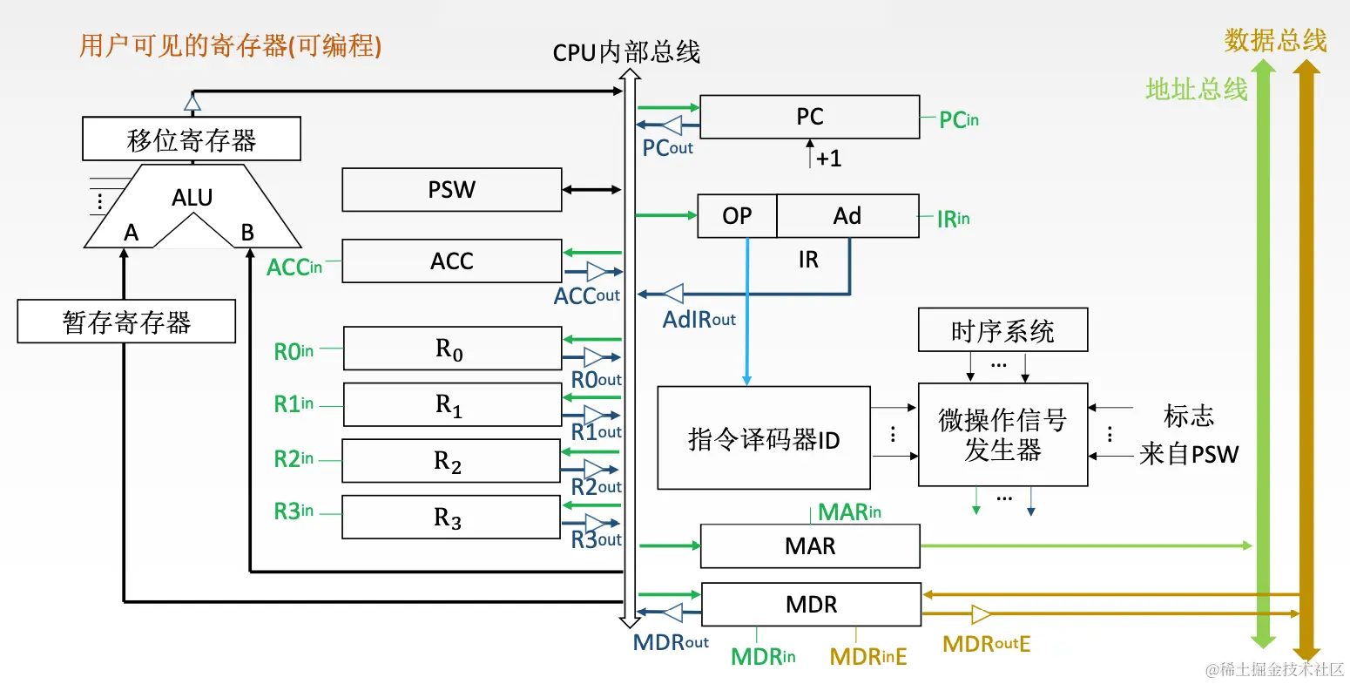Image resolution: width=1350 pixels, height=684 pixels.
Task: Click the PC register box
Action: pyautogui.click(x=809, y=117)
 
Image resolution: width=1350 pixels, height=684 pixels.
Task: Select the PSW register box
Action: pyautogui.click(x=451, y=190)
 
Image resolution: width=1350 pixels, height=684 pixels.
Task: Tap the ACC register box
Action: pyautogui.click(x=451, y=261)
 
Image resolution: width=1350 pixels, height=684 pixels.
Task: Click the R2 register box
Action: pyautogui.click(x=450, y=461)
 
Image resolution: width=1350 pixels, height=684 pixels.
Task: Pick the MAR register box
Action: pyautogui.click(x=810, y=546)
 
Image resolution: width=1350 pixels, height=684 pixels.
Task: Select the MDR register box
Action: pyautogui.click(x=811, y=605)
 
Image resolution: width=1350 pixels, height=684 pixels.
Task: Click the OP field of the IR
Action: pyautogui.click(x=737, y=216)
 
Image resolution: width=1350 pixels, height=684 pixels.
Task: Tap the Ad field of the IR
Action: pyautogui.click(x=847, y=216)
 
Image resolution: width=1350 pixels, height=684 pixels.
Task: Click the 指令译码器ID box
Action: pyautogui.click(x=763, y=438)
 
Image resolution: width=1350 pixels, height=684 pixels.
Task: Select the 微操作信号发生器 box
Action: pyautogui.click(x=1002, y=435)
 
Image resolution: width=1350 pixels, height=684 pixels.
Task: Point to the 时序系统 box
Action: pyautogui.click(x=1002, y=330)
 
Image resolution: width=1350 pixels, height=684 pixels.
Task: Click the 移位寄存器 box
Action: pyautogui.click(x=192, y=139)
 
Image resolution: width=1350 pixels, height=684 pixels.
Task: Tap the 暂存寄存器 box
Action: pyautogui.click(x=126, y=322)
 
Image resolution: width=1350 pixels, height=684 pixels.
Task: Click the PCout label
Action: pyautogui.click(x=667, y=148)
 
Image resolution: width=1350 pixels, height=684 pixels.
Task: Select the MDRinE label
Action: pyautogui.click(x=867, y=656)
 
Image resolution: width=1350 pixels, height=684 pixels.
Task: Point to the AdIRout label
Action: pyautogui.click(x=699, y=320)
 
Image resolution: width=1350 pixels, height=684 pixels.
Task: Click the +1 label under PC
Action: pyautogui.click(x=828, y=159)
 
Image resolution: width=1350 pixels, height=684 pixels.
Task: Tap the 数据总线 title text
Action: pyautogui.click(x=1275, y=40)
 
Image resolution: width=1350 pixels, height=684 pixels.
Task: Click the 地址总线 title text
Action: pyautogui.click(x=1196, y=89)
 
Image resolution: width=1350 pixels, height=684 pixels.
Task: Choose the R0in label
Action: pyautogui.click(x=294, y=351)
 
